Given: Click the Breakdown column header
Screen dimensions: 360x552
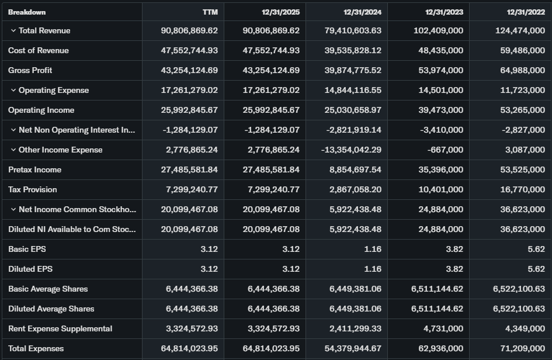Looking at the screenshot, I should tap(27, 12).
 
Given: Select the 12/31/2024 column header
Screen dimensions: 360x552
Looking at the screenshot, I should tap(362, 12).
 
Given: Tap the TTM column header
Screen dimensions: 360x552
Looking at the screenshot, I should tap(210, 12).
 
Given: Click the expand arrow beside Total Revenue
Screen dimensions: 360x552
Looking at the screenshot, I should tap(13, 30).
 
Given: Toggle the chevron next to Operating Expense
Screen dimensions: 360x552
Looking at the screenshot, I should tap(13, 90).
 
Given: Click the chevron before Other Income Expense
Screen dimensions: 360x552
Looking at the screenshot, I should tap(13, 150).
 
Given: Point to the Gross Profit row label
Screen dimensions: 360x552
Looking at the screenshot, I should tap(30, 70).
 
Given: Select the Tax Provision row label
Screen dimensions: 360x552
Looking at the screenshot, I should tap(33, 189).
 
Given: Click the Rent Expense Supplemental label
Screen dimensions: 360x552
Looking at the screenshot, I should tap(60, 328).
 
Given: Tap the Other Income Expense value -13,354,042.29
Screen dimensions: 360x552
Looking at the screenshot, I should tap(351, 150).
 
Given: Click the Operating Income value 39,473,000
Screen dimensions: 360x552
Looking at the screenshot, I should tap(441, 110).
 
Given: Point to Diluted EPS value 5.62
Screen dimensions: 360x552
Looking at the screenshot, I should tap(536, 269).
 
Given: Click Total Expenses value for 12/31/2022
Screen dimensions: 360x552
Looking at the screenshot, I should tap(523, 348).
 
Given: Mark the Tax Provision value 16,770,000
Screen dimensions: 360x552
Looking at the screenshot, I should tap(523, 189).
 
